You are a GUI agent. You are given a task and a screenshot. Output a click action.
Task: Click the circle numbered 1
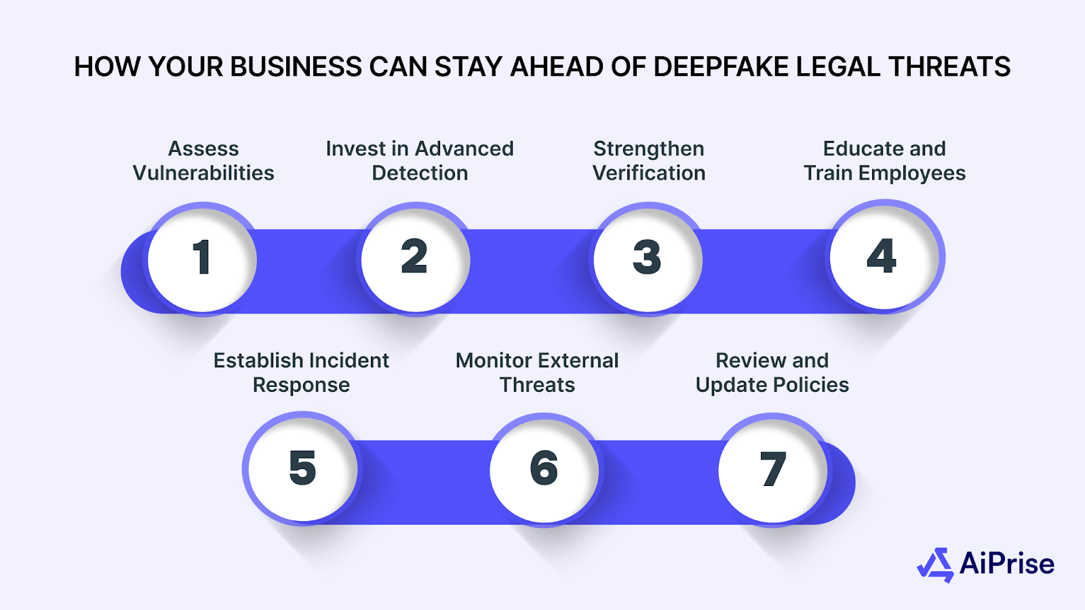pyautogui.click(x=202, y=259)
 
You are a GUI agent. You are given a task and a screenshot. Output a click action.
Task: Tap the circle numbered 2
pyautogui.click(x=415, y=259)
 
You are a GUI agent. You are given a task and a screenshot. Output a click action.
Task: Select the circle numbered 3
pyautogui.click(x=648, y=259)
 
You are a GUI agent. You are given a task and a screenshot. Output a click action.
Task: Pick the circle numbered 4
pyautogui.click(x=883, y=257)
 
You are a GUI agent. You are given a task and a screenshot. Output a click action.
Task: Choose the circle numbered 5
pyautogui.click(x=302, y=468)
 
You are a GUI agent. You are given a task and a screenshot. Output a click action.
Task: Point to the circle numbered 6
pyautogui.click(x=544, y=468)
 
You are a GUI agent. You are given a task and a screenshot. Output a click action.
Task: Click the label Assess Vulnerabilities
pyautogui.click(x=203, y=161)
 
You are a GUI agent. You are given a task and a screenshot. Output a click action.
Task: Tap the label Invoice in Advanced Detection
pyautogui.click(x=420, y=161)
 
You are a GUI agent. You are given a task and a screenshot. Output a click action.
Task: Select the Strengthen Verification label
pyautogui.click(x=649, y=161)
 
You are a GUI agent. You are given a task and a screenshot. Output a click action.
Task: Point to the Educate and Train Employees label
pyautogui.click(x=884, y=161)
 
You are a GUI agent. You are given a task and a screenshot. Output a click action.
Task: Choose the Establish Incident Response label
pyautogui.click(x=301, y=372)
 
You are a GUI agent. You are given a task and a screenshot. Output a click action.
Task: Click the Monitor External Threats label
pyautogui.click(x=537, y=372)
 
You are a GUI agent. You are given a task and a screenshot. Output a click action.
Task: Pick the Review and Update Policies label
pyautogui.click(x=772, y=372)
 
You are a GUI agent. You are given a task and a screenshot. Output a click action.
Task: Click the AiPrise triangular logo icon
pyautogui.click(x=936, y=565)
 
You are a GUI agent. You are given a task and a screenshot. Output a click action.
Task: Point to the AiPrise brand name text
pyautogui.click(x=1007, y=564)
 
